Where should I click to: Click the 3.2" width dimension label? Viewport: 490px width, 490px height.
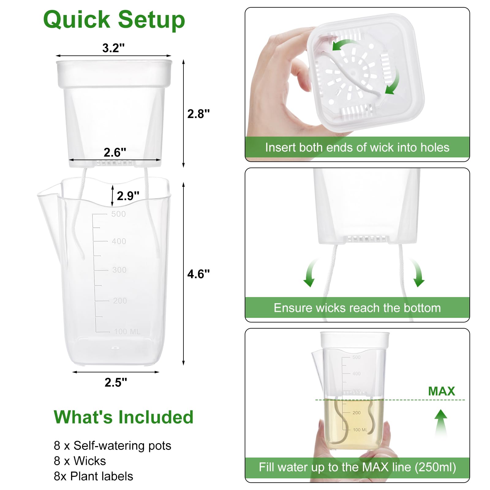coord(113,48)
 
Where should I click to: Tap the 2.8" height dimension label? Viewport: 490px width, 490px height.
coord(198,114)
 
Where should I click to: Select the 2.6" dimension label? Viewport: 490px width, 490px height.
coord(115,152)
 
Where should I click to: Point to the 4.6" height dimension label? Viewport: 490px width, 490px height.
coord(198,274)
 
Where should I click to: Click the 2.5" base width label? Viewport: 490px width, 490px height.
coord(116,382)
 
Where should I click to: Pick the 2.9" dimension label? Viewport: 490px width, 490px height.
coord(128,196)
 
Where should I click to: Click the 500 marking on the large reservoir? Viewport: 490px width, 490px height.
coord(119,214)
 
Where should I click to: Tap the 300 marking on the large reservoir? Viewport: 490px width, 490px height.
coord(119,270)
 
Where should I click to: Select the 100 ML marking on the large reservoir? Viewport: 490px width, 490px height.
coord(127,332)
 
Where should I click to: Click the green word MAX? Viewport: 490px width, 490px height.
coord(441,391)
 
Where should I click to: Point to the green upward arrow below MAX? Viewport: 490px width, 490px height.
coord(441,423)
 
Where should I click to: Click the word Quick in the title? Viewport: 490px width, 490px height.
coord(77,20)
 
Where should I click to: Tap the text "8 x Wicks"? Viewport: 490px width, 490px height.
coord(80,461)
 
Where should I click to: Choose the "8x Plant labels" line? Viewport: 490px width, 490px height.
coord(93,476)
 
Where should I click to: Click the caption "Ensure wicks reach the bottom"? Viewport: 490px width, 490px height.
coord(357,308)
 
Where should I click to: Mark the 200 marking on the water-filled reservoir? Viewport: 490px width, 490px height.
coord(356,413)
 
